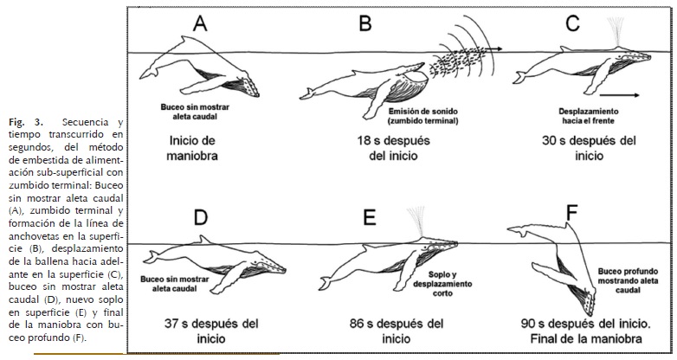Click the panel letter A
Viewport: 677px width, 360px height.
(199, 25)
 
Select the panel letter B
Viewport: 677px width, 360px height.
(364, 25)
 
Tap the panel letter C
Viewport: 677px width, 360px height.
(572, 25)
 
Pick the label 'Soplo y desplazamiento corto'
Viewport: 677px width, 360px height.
(446, 280)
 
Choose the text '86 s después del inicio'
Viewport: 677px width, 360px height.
(396, 332)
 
